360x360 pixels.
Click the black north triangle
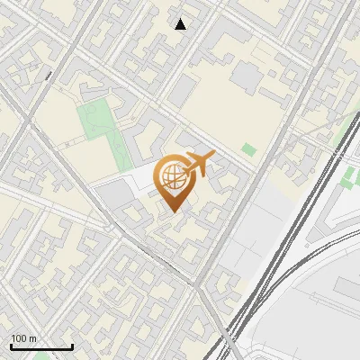coord(181,24)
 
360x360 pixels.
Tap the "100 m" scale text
coord(24,338)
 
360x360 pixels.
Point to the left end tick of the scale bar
coord(11,346)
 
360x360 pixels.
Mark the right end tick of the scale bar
coord(72,346)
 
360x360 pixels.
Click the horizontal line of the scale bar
coord(41,347)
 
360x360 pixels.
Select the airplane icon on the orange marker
coord(200,164)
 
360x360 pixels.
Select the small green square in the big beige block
coord(248,148)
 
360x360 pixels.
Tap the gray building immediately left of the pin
coord(114,194)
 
